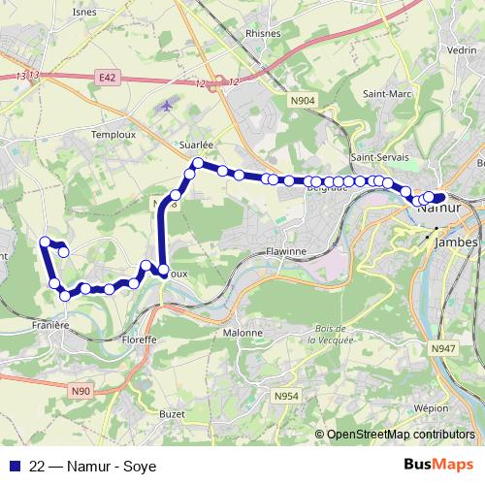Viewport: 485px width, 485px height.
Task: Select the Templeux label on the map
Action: point(111,135)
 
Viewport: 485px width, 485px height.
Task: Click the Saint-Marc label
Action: point(383,94)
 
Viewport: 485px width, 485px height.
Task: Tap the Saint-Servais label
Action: point(379,157)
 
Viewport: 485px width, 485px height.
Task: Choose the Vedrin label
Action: point(462,49)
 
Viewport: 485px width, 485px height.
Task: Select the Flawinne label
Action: point(286,250)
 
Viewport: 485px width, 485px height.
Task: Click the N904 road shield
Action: point(303,99)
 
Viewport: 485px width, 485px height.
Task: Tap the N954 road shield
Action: point(286,396)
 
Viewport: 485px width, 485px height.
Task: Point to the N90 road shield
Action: point(81,390)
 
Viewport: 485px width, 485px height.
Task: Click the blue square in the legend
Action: point(14,466)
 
